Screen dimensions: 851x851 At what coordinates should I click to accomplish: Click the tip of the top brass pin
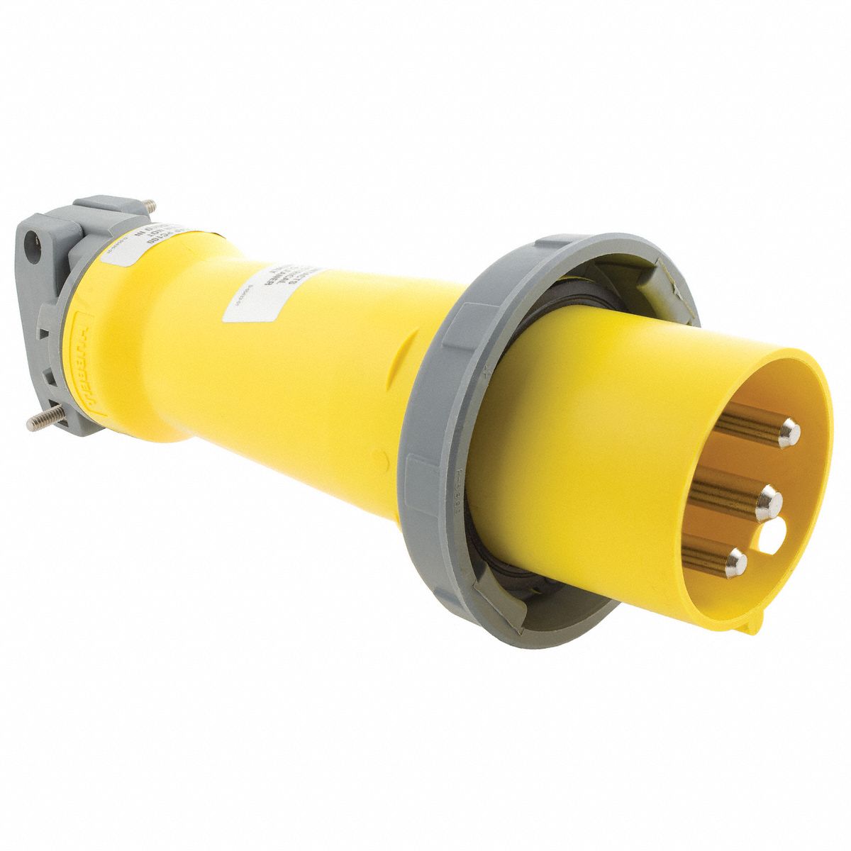787,433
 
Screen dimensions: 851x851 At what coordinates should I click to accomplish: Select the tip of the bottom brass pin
735,564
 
